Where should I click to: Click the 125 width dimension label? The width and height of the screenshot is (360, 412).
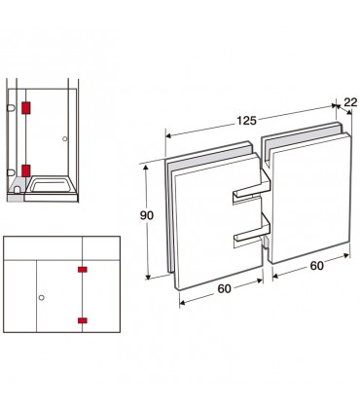[x=246, y=121]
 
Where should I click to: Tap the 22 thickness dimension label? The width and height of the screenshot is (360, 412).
[x=350, y=102]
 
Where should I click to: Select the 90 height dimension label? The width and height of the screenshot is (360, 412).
[x=147, y=215]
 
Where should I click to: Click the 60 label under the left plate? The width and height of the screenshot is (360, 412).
[x=224, y=288]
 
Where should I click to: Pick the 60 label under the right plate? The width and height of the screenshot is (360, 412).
[x=316, y=266]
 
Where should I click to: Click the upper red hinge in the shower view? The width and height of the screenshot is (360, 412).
[x=26, y=108]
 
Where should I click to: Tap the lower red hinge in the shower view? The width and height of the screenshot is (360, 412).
[x=26, y=170]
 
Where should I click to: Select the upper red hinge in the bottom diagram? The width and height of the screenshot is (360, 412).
[x=83, y=269]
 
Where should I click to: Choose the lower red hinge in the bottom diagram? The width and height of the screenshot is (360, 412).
[x=83, y=320]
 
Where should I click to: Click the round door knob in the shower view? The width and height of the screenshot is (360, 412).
[x=65, y=139]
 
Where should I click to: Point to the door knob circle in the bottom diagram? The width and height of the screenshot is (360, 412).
[x=41, y=297]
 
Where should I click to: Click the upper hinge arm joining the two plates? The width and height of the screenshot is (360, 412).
[x=252, y=189]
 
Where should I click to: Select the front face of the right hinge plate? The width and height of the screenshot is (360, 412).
[x=311, y=198]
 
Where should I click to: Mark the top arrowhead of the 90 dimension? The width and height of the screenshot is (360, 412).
[x=146, y=168]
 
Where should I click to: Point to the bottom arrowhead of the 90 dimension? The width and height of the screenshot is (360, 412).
[x=148, y=276]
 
